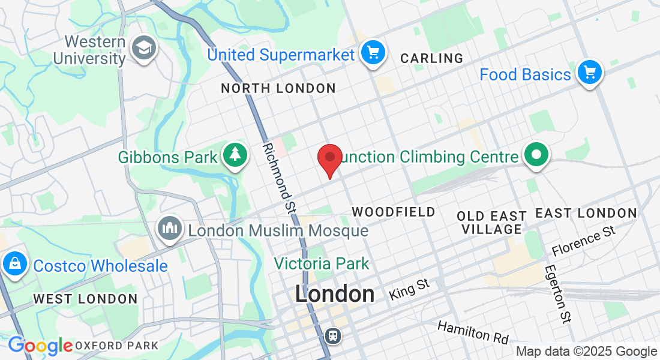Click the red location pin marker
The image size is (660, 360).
329,158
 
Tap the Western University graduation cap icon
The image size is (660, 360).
144,49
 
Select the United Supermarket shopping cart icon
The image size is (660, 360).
373,53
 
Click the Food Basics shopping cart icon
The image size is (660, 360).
589,73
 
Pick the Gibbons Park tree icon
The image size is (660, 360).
235,155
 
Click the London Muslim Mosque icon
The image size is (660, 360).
170,228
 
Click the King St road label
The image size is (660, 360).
410,289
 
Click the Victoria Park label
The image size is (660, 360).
322,263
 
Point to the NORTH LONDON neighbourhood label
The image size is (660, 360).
278,89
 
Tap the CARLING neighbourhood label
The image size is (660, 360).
431,58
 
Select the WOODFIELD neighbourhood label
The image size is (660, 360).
393,212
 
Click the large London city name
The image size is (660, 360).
335,293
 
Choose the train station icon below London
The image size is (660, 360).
332,335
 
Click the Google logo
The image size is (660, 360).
40,346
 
